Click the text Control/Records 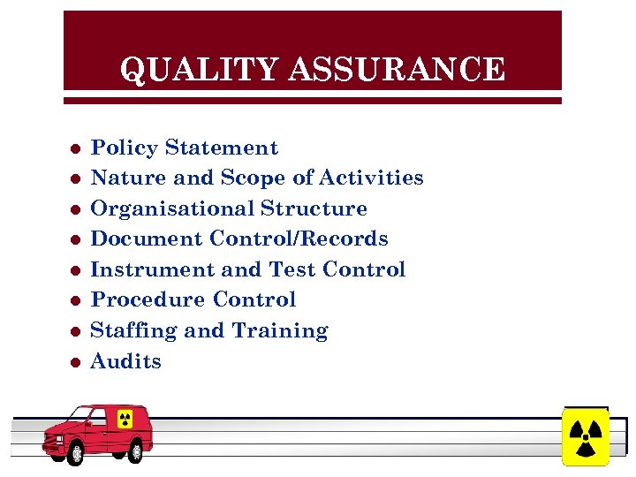click(299, 238)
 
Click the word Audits click(126, 361)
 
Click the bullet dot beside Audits click(76, 362)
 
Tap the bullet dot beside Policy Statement click(76, 148)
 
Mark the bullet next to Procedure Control click(76, 300)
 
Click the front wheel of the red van click(76, 454)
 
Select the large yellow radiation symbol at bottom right click(585, 435)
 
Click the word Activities click(371, 178)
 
